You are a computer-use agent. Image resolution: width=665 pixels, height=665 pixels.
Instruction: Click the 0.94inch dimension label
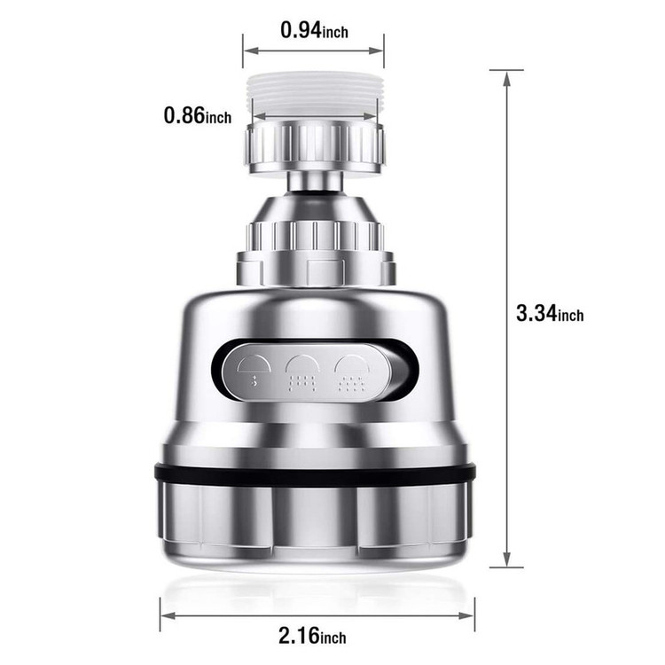[x=314, y=30]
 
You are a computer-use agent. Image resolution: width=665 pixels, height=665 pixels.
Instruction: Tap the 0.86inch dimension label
[x=198, y=115]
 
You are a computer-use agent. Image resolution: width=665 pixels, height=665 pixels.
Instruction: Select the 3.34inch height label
[x=550, y=313]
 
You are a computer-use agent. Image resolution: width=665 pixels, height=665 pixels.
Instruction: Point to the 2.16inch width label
[x=312, y=636]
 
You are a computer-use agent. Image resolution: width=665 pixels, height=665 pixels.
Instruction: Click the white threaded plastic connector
[x=314, y=97]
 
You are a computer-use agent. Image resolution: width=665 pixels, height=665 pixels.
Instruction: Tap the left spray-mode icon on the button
[x=254, y=371]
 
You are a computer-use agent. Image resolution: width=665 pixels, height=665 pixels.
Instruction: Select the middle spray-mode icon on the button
[x=302, y=372]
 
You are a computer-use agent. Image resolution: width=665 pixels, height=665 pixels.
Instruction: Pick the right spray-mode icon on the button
[x=352, y=372]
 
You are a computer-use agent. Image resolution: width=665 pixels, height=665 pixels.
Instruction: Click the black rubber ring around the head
[x=315, y=474]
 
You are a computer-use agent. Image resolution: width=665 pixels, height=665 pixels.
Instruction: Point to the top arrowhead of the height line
[x=506, y=78]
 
